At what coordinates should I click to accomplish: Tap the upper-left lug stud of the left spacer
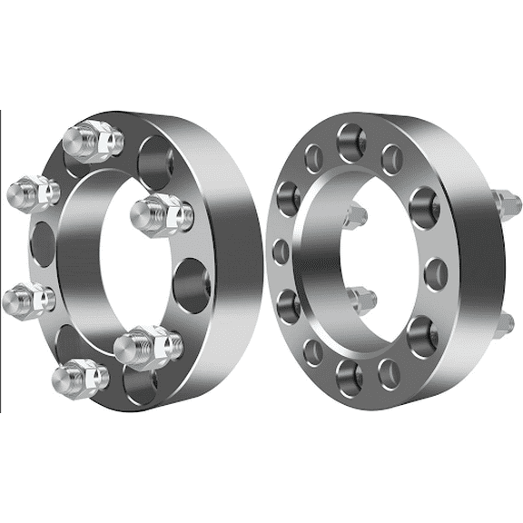point(33,192)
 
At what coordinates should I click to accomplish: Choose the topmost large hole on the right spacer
point(350,141)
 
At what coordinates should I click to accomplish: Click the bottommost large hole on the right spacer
point(349,374)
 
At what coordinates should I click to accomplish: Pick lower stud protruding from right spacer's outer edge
point(504,323)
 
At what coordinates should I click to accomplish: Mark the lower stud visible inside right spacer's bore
point(360,298)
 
